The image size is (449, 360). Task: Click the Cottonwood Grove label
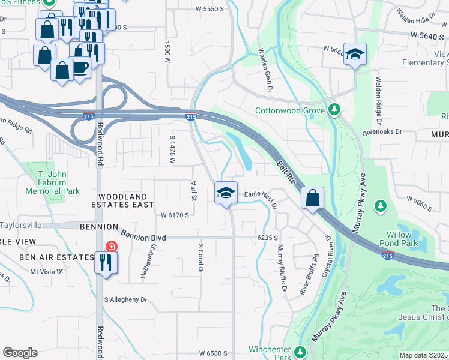pyautogui.click(x=290, y=110)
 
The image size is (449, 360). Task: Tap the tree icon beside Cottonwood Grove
pyautogui.click(x=334, y=110)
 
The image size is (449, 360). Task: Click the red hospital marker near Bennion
pyautogui.click(x=110, y=246)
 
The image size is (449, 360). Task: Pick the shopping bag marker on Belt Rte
pyautogui.click(x=313, y=199)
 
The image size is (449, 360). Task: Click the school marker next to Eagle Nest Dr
pyautogui.click(x=226, y=193)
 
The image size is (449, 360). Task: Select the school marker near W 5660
pyautogui.click(x=355, y=55)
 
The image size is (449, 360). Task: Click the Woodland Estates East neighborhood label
pyautogui.click(x=122, y=200)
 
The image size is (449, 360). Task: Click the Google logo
pyautogui.click(x=20, y=353)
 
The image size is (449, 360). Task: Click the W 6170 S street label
pyautogui.click(x=175, y=214)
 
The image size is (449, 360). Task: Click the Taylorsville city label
pyautogui.click(x=21, y=225)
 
